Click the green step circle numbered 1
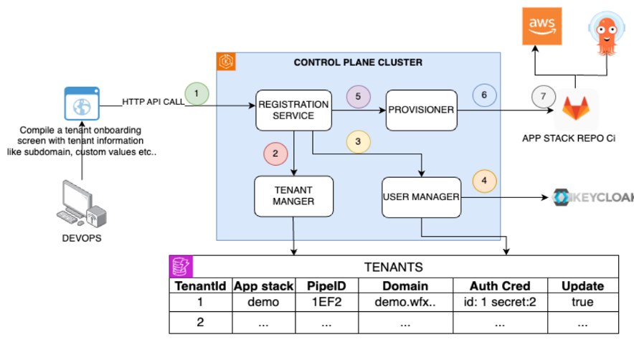pyautogui.click(x=197, y=93)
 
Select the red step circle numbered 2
pyautogui.click(x=275, y=153)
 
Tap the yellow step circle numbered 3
pyautogui.click(x=358, y=141)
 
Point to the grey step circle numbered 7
pyautogui.click(x=543, y=96)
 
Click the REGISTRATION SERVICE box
pyautogui.click(x=294, y=110)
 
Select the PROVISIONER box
pyautogui.click(x=421, y=110)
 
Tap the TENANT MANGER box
pyautogui.click(x=293, y=195)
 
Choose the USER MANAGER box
pyautogui.click(x=420, y=195)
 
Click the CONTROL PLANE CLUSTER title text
pyautogui.click(x=358, y=62)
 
